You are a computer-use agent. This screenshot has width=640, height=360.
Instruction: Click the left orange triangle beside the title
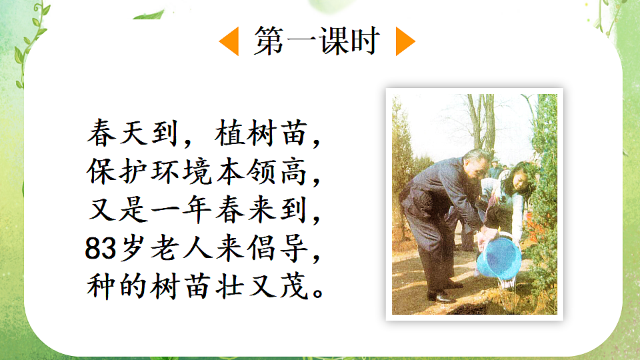[229, 41]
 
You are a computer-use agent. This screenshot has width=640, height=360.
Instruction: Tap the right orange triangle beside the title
[405, 41]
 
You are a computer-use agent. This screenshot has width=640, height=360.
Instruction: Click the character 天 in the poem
[131, 135]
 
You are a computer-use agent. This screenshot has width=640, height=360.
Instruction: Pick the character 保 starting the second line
[101, 173]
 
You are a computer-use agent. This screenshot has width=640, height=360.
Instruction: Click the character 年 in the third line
[199, 211]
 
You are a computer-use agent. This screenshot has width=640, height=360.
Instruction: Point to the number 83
[99, 249]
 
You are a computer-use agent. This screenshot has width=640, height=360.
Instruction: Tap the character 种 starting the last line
[101, 287]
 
